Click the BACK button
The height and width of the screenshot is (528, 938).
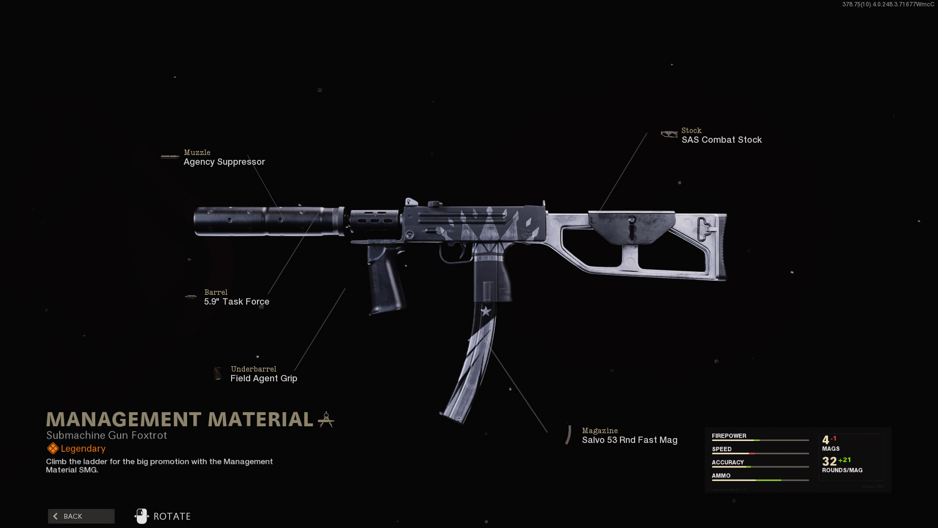[81, 516]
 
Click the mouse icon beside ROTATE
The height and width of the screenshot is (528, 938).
[142, 516]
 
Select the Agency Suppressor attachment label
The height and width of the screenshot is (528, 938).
[224, 162]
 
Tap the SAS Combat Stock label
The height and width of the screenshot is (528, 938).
[721, 140]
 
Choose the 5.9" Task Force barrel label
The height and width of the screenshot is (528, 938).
[236, 302]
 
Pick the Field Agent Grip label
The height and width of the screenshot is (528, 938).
[263, 378]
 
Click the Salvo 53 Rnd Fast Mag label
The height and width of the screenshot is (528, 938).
[629, 440]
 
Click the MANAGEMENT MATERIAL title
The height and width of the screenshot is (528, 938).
[179, 419]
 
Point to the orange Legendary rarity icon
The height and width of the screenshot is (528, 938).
[52, 448]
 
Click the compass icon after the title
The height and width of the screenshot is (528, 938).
[326, 419]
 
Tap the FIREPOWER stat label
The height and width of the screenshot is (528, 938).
[728, 436]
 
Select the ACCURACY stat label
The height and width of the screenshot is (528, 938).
[727, 462]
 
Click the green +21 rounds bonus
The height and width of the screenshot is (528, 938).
[844, 460]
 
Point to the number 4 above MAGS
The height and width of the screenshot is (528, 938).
[826, 440]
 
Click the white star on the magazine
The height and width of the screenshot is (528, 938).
[486, 311]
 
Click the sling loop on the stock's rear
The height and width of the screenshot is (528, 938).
[704, 229]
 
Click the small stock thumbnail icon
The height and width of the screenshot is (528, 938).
[669, 134]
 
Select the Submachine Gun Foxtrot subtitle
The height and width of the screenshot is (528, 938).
[107, 435]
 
